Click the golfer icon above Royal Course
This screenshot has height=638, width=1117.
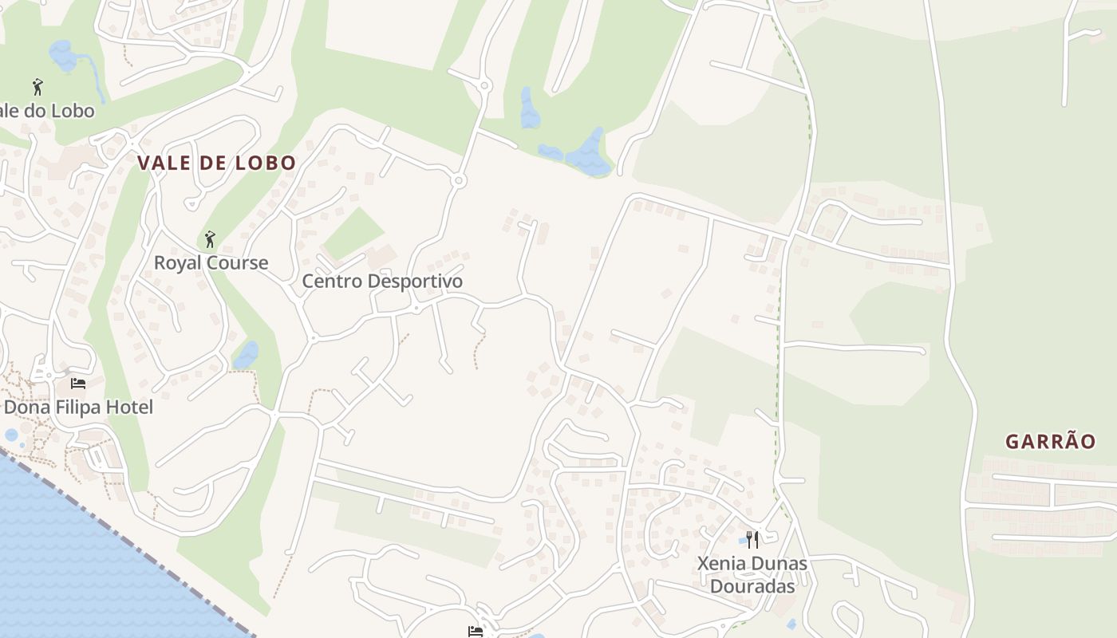click(x=210, y=239)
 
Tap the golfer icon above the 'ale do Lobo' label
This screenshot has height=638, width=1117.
click(x=37, y=87)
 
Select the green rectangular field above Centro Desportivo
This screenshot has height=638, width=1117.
click(x=353, y=233)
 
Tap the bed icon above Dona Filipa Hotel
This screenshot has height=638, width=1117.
click(x=77, y=384)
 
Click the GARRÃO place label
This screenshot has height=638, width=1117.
click(x=1050, y=442)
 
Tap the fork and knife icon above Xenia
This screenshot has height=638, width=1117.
click(x=752, y=540)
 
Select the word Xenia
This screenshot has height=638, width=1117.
click(x=723, y=564)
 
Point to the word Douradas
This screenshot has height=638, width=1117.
click(x=752, y=587)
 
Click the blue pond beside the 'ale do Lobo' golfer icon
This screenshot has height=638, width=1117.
click(x=62, y=56)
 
